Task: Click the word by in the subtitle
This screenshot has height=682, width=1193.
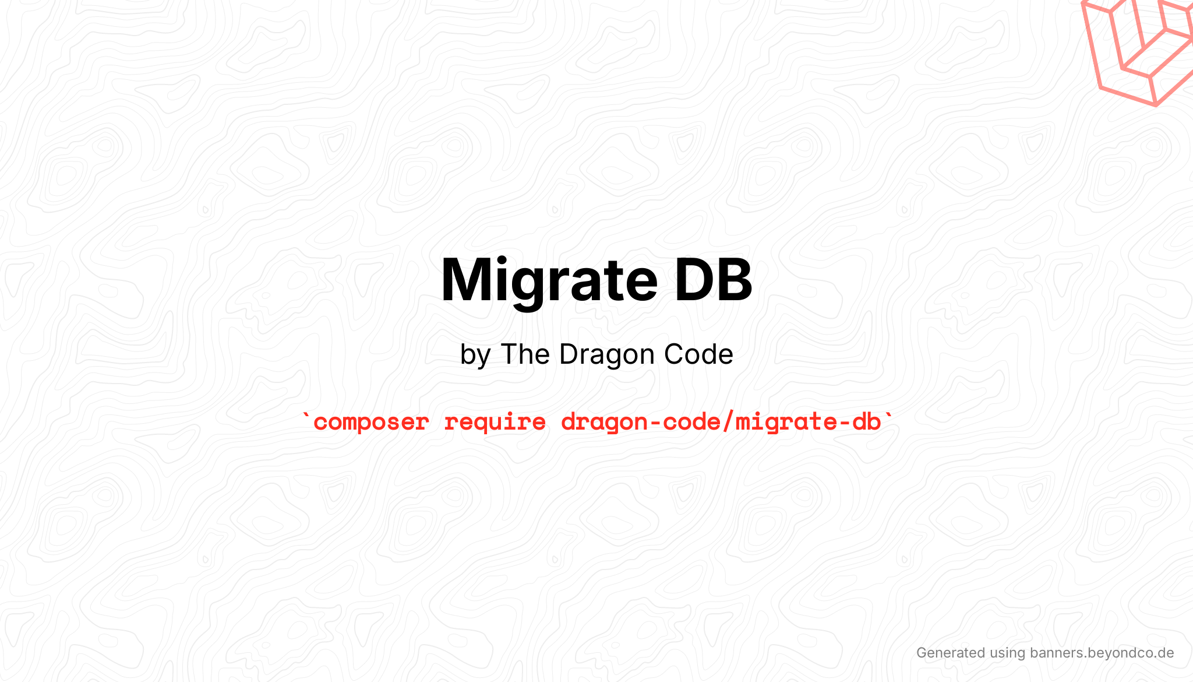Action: coord(475,355)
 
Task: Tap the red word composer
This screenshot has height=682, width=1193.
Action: coord(371,422)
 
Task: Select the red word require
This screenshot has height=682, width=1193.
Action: coord(495,422)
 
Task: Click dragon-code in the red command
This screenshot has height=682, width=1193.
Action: coord(640,422)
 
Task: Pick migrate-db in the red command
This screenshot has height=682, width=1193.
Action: coord(808,422)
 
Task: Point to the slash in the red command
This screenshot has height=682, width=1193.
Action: coord(728,422)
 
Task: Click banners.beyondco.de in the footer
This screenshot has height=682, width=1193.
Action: coord(1102,653)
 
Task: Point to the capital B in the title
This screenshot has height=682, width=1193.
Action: coord(734,280)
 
